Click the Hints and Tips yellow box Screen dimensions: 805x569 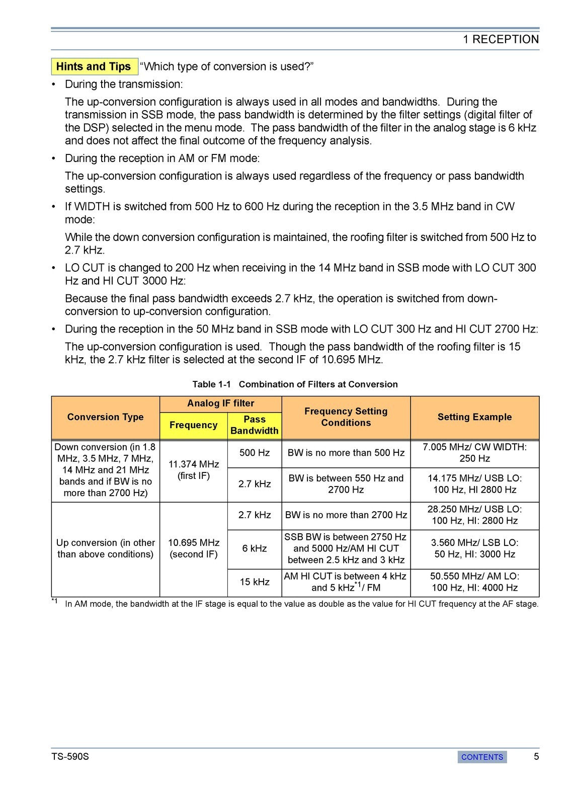tap(94, 66)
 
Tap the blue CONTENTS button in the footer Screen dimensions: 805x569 tap(482, 757)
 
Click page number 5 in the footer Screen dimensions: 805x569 tap(536, 756)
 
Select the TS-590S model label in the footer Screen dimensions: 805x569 tap(70, 757)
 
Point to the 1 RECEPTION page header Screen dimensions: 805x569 tap(501, 39)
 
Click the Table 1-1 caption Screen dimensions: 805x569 tap(295, 384)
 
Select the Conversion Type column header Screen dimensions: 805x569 tap(105, 417)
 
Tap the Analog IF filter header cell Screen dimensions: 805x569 tap(220, 404)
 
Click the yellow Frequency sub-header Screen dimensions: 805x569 tap(193, 425)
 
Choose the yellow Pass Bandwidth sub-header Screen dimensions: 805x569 tap(254, 425)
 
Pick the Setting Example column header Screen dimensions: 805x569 tap(474, 417)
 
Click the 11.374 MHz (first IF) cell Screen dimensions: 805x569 tap(194, 469)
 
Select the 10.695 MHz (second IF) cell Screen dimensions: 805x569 tap(194, 548)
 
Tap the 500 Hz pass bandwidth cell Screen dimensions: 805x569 tap(255, 453)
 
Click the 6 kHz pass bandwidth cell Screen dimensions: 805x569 tap(255, 548)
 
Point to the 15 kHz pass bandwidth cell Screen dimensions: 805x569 tap(255, 582)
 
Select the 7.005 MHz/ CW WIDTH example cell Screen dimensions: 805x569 tap(474, 453)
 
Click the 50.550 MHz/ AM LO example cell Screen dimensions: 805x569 tap(474, 582)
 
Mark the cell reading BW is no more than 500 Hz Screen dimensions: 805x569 tap(346, 453)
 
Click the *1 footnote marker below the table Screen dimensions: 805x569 tap(55, 601)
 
